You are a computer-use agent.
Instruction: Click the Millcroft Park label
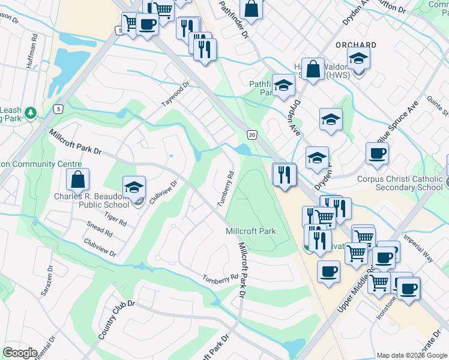[250, 231]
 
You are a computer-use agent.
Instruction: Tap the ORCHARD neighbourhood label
[356, 45]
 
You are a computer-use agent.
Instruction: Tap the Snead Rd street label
[99, 230]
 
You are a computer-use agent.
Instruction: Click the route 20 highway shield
[252, 136]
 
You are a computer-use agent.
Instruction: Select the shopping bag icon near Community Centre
[78, 179]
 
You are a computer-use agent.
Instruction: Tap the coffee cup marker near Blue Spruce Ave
[377, 153]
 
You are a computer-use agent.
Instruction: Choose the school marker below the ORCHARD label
[358, 58]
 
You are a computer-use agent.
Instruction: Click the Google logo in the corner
[20, 353]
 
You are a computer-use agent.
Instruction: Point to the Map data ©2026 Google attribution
[412, 355]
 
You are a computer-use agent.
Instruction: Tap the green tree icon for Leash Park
[30, 112]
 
